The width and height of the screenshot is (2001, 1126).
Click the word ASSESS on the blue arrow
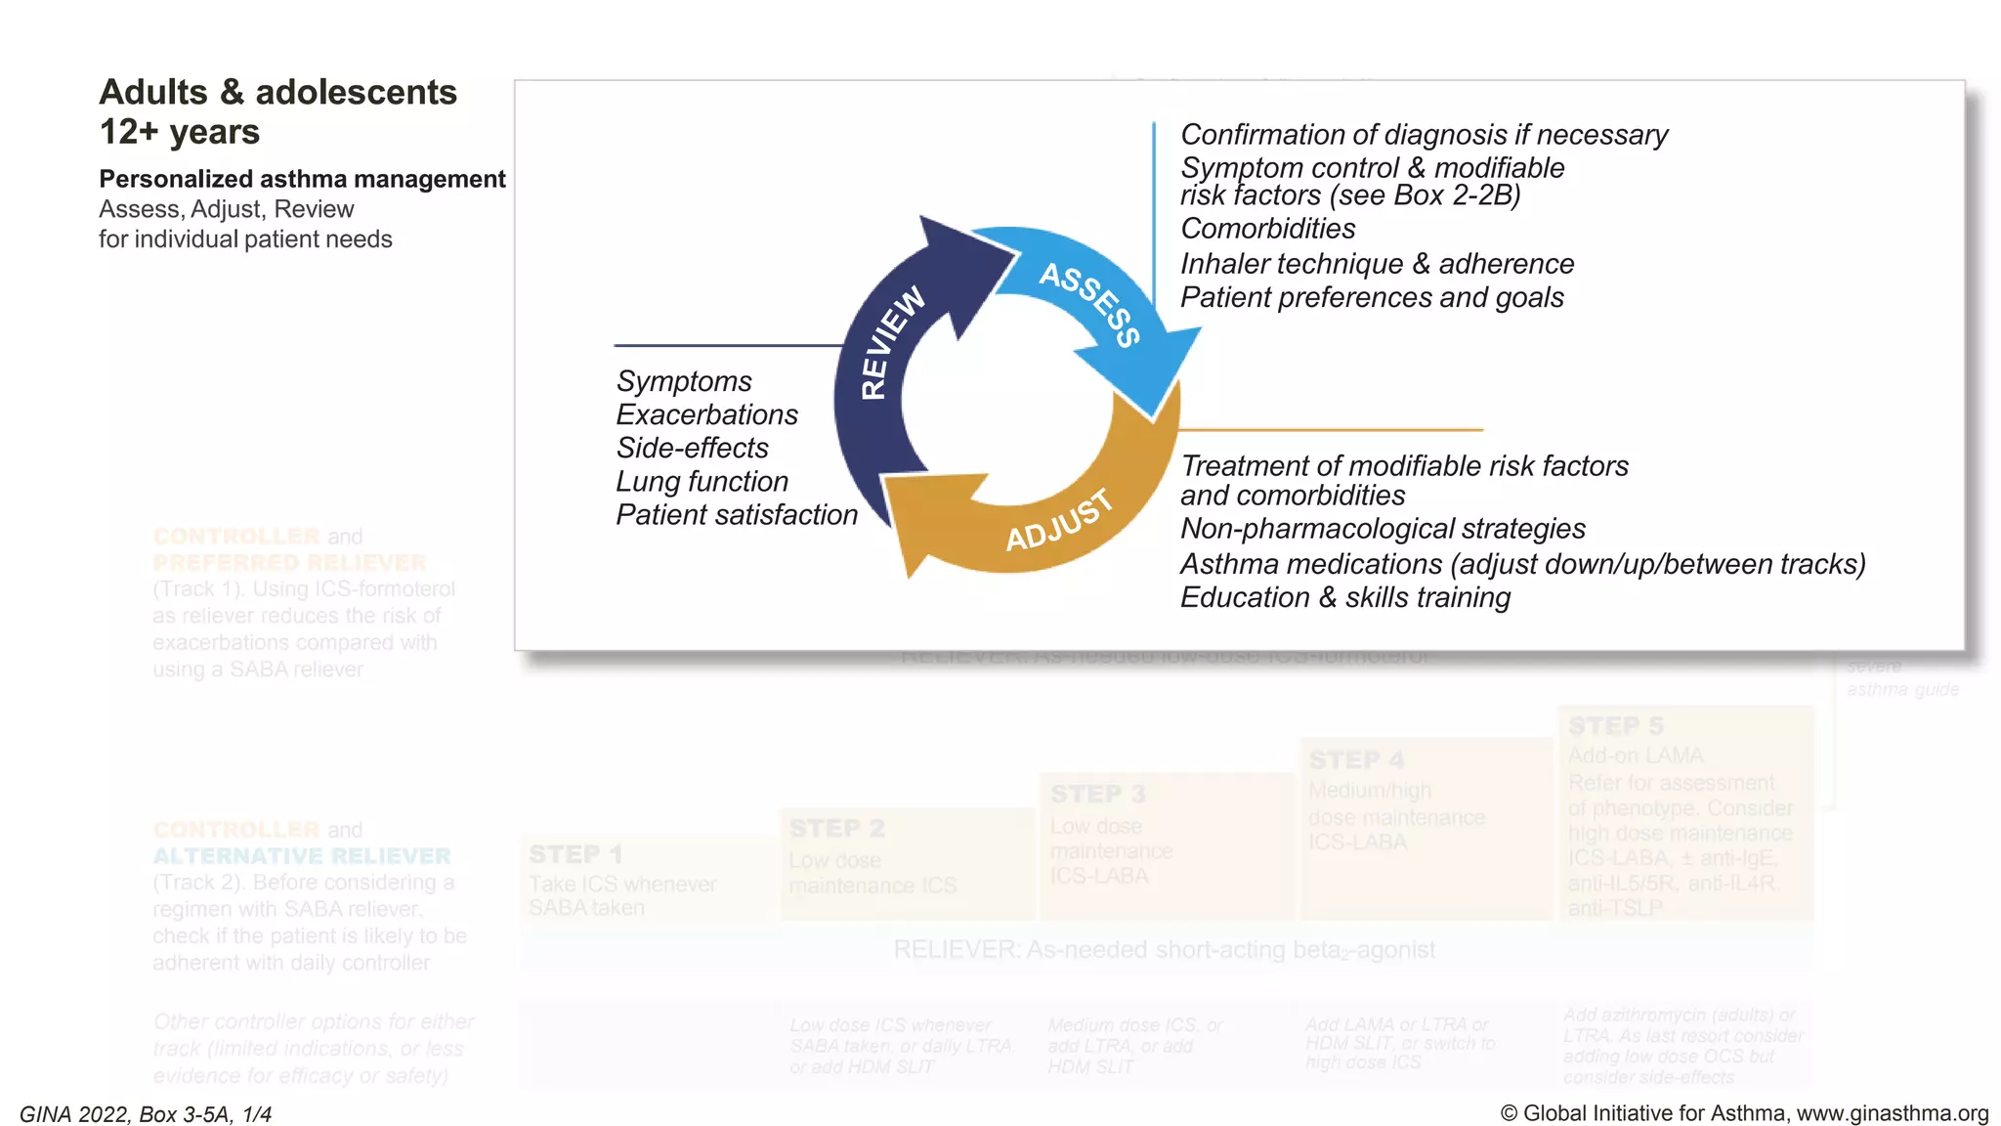[x=1090, y=303]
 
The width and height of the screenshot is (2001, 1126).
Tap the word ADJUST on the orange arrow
[x=1059, y=520]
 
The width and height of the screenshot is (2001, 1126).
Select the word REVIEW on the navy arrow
[x=891, y=342]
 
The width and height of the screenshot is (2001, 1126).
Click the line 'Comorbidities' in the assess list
[x=1267, y=229]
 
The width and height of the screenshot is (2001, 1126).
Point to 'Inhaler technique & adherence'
[x=1377, y=264]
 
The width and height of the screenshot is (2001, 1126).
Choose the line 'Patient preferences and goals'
[x=1372, y=297]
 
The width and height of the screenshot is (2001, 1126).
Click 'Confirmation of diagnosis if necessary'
[x=1424, y=135]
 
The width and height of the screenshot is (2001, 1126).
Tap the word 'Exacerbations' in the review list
[x=706, y=414]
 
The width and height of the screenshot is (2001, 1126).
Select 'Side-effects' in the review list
[x=692, y=448]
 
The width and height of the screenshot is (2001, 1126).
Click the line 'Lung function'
[x=702, y=481]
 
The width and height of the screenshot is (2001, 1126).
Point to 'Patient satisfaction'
[x=737, y=515]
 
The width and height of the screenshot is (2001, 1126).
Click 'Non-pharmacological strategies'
[x=1383, y=529]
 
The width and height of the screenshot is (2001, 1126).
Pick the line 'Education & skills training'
[x=1345, y=597]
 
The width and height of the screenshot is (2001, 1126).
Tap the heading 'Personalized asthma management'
[x=302, y=179]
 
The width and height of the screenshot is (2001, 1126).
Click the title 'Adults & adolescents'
[x=278, y=92]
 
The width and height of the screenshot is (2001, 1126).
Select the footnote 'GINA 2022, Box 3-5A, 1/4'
[x=146, y=1114]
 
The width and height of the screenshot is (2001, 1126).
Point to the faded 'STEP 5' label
[x=1615, y=726]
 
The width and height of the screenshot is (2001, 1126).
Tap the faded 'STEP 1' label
[x=575, y=854]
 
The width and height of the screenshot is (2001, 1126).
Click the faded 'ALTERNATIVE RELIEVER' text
[x=301, y=856]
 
